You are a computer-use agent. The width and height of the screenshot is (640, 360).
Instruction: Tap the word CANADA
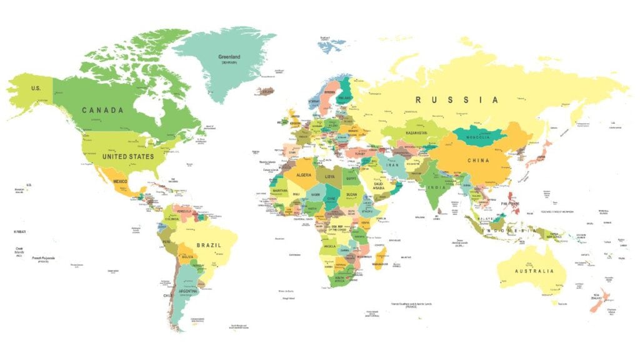(x=102, y=110)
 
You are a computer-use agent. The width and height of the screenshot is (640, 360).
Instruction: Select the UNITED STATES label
(x=128, y=156)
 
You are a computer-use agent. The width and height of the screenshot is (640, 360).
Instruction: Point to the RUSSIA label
(x=457, y=100)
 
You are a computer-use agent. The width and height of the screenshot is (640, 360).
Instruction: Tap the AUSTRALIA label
(x=534, y=271)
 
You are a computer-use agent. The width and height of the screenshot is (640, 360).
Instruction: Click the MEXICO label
(x=120, y=181)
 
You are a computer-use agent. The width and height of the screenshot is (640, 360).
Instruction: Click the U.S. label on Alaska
(x=36, y=89)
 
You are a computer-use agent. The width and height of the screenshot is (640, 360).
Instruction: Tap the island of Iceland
(x=267, y=91)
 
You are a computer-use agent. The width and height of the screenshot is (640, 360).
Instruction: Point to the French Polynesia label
(x=44, y=259)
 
